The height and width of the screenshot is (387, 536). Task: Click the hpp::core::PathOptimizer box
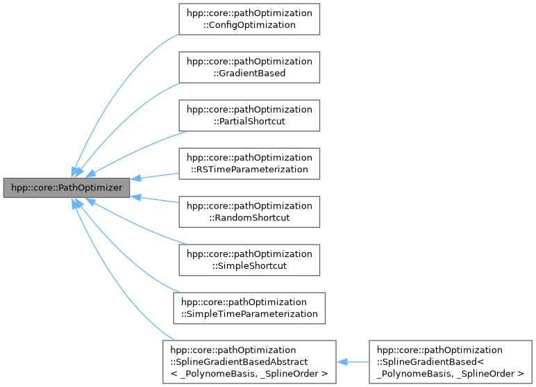66,188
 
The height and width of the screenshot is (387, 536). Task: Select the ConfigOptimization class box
249,19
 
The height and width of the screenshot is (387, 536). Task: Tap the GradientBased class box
249,67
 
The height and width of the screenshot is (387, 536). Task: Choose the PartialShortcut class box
249,115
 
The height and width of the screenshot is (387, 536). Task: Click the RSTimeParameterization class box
249,163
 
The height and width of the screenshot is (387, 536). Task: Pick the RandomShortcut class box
249,211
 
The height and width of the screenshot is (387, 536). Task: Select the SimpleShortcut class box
249,260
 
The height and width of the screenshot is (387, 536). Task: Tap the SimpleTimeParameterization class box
249,308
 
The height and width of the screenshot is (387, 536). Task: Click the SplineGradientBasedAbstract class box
249,362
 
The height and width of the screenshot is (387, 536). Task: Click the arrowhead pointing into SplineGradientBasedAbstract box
342,362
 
